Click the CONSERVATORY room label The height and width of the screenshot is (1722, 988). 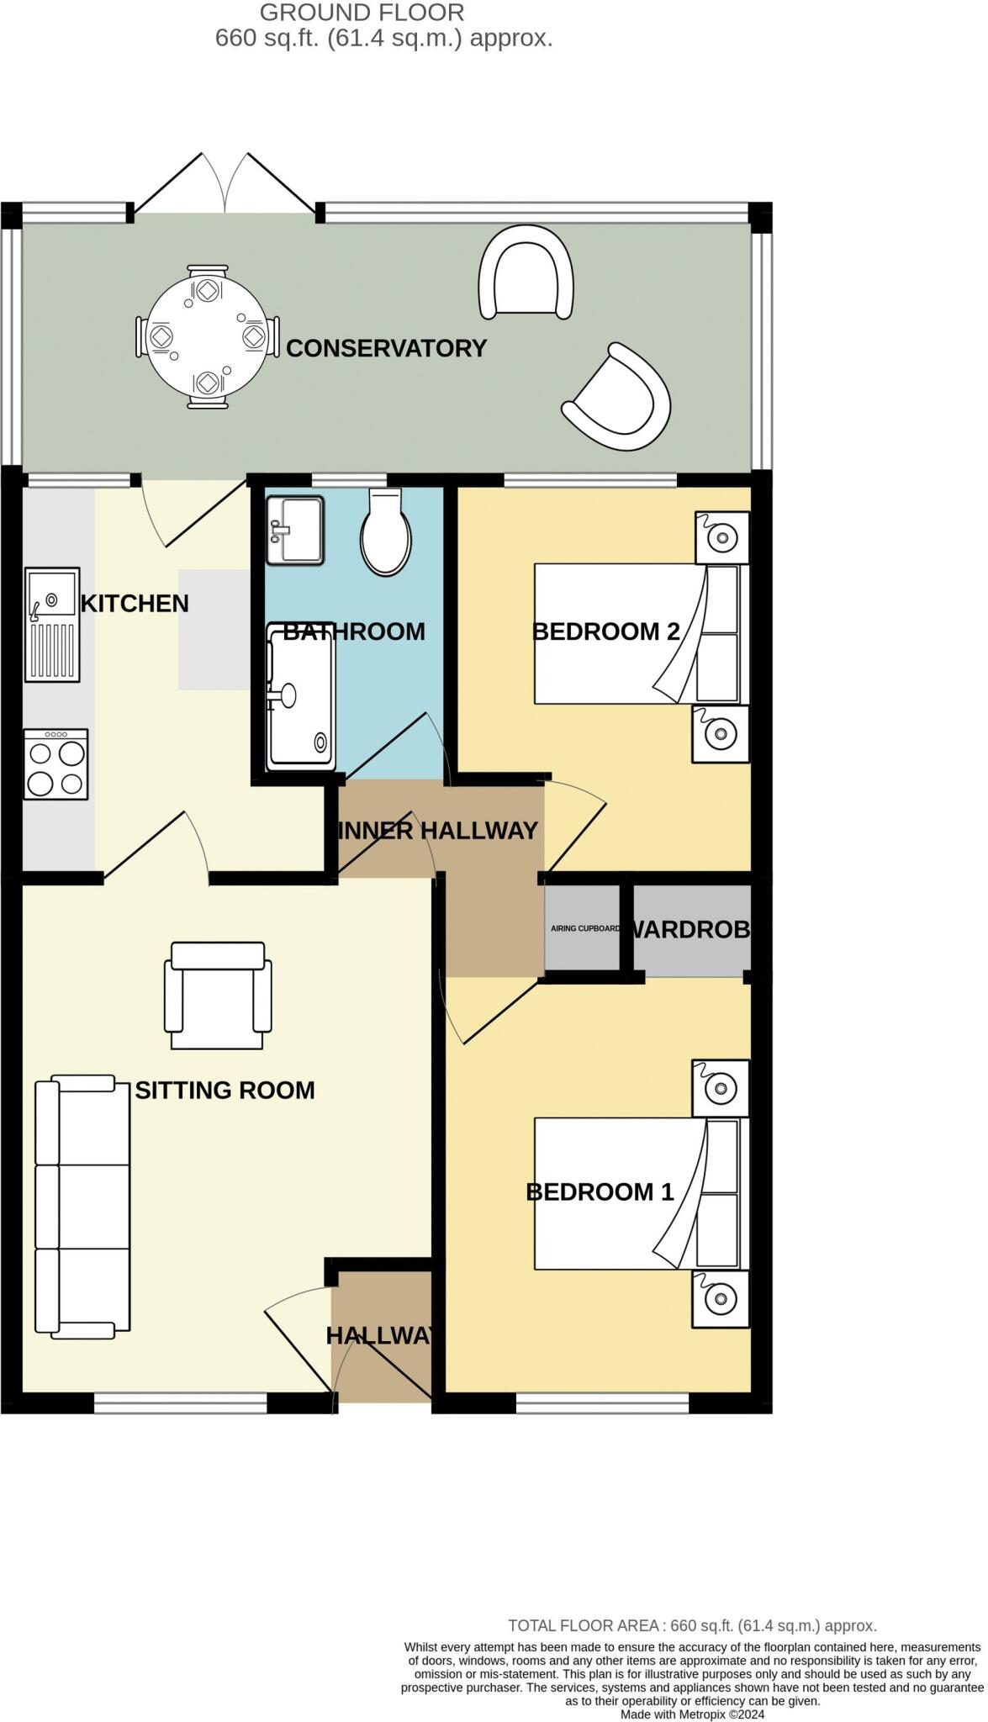point(386,348)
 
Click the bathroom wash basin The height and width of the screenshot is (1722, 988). point(295,531)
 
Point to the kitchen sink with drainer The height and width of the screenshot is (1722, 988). point(53,625)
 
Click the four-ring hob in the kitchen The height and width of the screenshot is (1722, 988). point(56,763)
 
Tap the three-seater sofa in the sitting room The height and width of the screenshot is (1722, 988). point(82,1207)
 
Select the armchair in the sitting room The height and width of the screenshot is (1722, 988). point(218,996)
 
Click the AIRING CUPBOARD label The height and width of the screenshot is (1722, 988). point(585,929)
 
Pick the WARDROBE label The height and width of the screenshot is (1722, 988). point(689,929)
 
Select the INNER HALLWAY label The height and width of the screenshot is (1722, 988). point(437,831)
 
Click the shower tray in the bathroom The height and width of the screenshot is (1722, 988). point(300,697)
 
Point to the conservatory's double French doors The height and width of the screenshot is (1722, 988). point(225,182)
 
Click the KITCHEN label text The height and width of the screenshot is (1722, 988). point(135,604)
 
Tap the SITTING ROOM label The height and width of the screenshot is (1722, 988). point(225,1091)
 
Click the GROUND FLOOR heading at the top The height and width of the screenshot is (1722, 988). point(362,13)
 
